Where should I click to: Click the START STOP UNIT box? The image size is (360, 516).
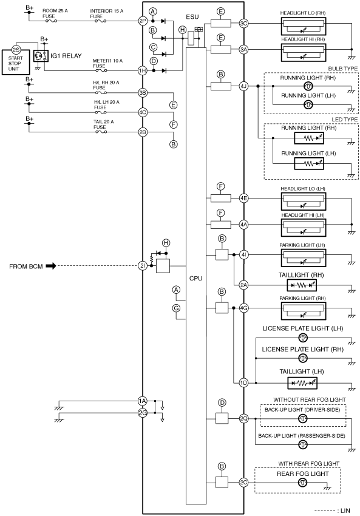[15, 62]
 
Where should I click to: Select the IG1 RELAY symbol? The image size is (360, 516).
[41, 56]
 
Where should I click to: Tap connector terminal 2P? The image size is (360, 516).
[143, 21]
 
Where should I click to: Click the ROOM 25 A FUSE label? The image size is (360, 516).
[55, 13]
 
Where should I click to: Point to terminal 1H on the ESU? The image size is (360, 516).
[143, 70]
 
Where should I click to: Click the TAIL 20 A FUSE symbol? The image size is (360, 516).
[101, 132]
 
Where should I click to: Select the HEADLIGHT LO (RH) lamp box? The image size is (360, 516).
[304, 26]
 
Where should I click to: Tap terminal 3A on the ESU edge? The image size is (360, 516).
[243, 50]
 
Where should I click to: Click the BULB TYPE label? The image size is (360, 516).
[342, 69]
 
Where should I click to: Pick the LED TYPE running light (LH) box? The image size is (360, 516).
[308, 163]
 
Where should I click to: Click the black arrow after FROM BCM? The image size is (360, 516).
[51, 266]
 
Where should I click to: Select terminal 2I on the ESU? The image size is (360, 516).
[143, 265]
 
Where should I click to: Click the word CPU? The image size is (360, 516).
[196, 279]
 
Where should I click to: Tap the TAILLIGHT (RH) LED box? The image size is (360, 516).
[302, 285]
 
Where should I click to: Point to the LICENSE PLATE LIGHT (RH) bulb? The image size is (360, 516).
[303, 358]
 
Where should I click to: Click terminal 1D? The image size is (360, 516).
[243, 382]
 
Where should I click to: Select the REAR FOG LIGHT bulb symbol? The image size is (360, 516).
[302, 483]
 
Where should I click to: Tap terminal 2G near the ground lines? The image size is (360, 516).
[143, 413]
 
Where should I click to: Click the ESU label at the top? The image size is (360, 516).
[192, 17]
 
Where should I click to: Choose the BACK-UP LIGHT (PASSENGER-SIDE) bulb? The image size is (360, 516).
[303, 445]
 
